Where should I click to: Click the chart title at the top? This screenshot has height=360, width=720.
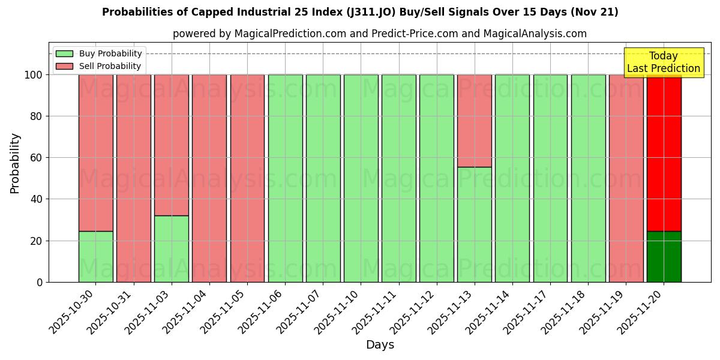pos(360,12)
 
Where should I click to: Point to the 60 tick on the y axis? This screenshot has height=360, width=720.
pos(37,158)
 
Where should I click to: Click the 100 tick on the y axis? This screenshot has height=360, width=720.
pos(34,75)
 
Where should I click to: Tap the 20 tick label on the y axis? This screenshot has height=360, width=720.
pos(37,241)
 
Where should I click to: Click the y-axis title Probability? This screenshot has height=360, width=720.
pos(15,163)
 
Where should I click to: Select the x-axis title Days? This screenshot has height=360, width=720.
pos(380,345)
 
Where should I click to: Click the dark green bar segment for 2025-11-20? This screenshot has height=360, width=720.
pos(664,257)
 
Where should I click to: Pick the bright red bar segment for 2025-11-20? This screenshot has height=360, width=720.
pos(664,153)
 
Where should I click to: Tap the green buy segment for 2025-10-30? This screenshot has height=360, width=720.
pos(95,257)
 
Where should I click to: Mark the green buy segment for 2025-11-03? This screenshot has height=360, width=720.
pos(172,249)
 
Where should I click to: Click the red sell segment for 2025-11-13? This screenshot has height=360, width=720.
pos(474,121)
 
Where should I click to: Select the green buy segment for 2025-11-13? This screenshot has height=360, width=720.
pos(474,224)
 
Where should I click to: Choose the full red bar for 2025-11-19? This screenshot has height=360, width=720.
pos(626,178)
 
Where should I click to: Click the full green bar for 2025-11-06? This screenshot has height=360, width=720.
pos(285,178)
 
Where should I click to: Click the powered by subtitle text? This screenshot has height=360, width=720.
pos(380,34)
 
